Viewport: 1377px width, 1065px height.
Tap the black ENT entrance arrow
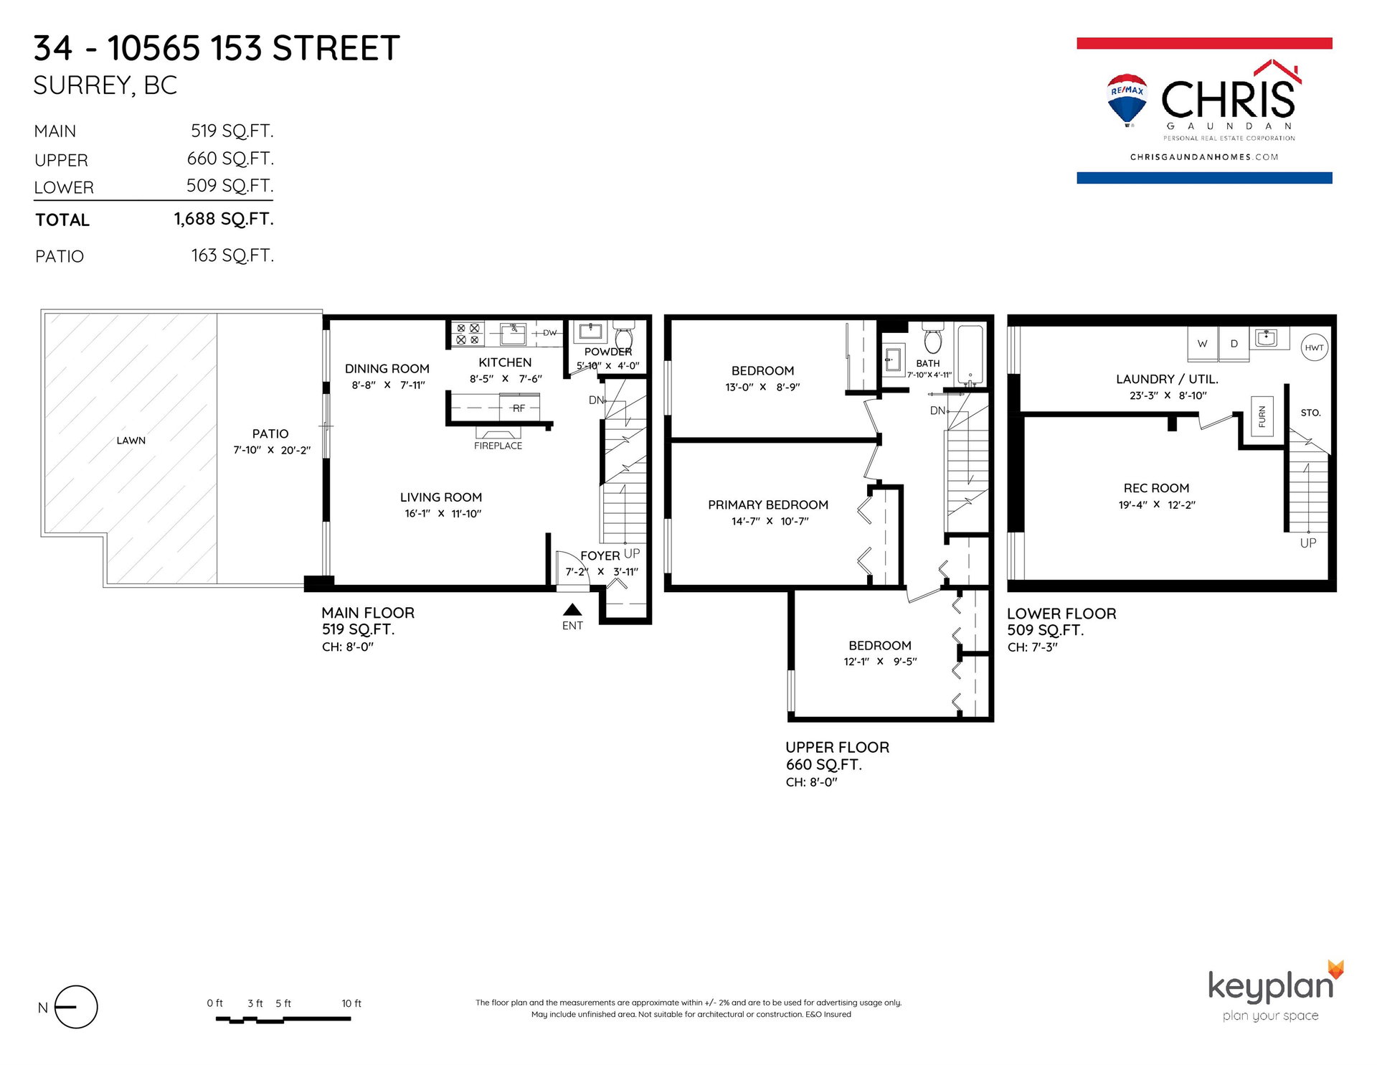[572, 610]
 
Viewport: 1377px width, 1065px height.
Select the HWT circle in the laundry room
[1314, 347]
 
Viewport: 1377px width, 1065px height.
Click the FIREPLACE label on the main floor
[498, 446]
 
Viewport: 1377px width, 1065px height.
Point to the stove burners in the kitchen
[468, 334]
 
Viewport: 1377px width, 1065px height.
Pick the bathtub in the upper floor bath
[970, 355]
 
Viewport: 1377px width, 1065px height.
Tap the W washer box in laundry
[1203, 343]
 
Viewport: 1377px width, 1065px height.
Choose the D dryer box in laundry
[1234, 343]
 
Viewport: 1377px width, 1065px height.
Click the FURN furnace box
[1262, 416]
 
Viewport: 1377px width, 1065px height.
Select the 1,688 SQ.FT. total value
[224, 219]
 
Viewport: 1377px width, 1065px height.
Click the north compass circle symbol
[75, 1007]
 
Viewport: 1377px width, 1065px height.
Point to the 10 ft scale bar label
[351, 1003]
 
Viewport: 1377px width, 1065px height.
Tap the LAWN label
[131, 441]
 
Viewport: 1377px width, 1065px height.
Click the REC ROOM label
[1156, 488]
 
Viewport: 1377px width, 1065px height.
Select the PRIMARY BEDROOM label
[768, 505]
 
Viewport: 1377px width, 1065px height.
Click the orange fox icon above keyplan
[1335, 969]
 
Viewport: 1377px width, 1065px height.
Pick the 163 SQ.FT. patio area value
[232, 255]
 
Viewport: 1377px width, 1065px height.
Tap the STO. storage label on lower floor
[1310, 413]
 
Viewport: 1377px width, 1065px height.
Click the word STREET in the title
[336, 49]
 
